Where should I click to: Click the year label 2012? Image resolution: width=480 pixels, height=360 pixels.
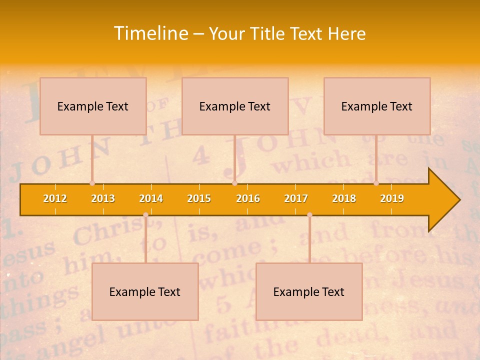[55, 198]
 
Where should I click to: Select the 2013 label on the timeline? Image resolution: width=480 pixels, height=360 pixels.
[103, 198]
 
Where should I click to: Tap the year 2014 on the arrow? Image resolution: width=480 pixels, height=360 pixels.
[151, 198]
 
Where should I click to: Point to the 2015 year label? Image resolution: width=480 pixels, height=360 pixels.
[199, 198]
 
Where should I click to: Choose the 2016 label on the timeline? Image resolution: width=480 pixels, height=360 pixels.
[248, 198]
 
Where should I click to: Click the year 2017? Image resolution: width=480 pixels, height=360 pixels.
[296, 198]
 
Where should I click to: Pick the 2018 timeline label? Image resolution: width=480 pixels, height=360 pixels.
[344, 198]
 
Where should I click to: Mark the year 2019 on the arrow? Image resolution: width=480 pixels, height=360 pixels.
[392, 198]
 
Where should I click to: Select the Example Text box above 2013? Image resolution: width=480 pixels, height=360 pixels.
[93, 106]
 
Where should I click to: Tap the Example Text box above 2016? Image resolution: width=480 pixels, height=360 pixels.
[235, 106]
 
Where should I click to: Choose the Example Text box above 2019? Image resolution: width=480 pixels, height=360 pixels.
[377, 106]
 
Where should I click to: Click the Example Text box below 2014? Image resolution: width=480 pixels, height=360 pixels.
[145, 291]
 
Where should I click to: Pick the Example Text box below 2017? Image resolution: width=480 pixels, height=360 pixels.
[309, 291]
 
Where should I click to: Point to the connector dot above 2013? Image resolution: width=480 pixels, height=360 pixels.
[92, 183]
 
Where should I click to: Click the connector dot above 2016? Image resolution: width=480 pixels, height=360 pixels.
[234, 183]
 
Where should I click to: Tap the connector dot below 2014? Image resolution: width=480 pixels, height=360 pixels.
[145, 215]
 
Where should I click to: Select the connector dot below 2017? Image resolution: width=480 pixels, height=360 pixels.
[309, 215]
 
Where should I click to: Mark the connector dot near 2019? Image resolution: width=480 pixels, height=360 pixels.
[376, 183]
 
